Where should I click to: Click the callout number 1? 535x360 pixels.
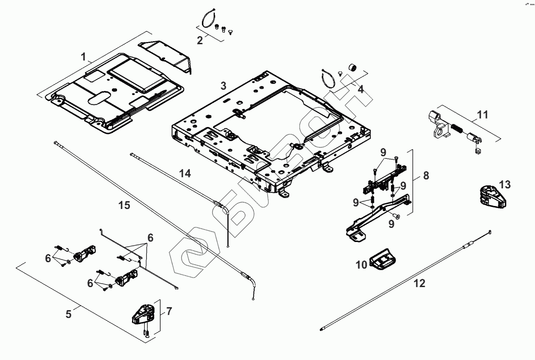pyautogui.click(x=84, y=57)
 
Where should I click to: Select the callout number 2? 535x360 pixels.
pyautogui.click(x=200, y=41)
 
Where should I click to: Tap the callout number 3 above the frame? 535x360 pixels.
pyautogui.click(x=223, y=85)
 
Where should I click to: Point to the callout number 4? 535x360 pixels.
pyautogui.click(x=361, y=90)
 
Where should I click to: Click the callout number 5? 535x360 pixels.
pyautogui.click(x=69, y=314)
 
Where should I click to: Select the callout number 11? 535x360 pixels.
pyautogui.click(x=483, y=115)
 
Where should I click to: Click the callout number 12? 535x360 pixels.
pyautogui.click(x=419, y=283)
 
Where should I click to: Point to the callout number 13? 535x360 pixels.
pyautogui.click(x=505, y=185)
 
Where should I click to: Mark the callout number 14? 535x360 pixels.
pyautogui.click(x=185, y=174)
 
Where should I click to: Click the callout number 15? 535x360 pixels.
pyautogui.click(x=124, y=206)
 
